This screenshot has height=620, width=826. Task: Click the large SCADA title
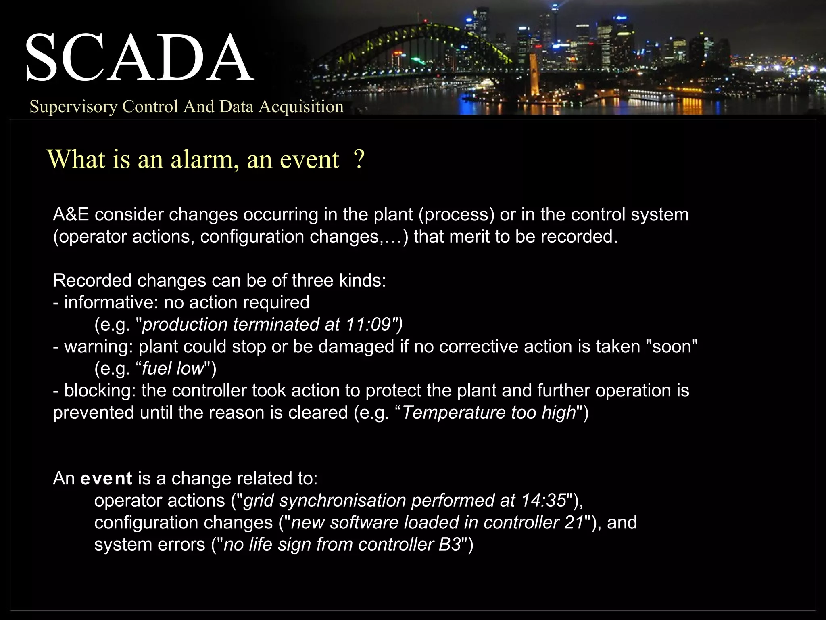point(139,58)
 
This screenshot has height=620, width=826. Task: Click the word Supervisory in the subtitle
point(73,107)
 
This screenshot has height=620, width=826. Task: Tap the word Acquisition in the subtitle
point(301,107)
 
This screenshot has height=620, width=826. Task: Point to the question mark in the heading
point(359,159)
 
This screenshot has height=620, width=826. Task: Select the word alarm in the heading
point(202,159)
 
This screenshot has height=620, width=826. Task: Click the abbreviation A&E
point(71,215)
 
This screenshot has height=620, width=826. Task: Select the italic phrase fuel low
point(173,369)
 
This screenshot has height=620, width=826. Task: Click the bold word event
point(106,479)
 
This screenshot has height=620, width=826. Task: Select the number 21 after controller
point(574,523)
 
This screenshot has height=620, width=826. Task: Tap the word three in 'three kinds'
point(313,281)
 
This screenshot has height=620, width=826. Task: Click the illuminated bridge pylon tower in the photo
point(534,75)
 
